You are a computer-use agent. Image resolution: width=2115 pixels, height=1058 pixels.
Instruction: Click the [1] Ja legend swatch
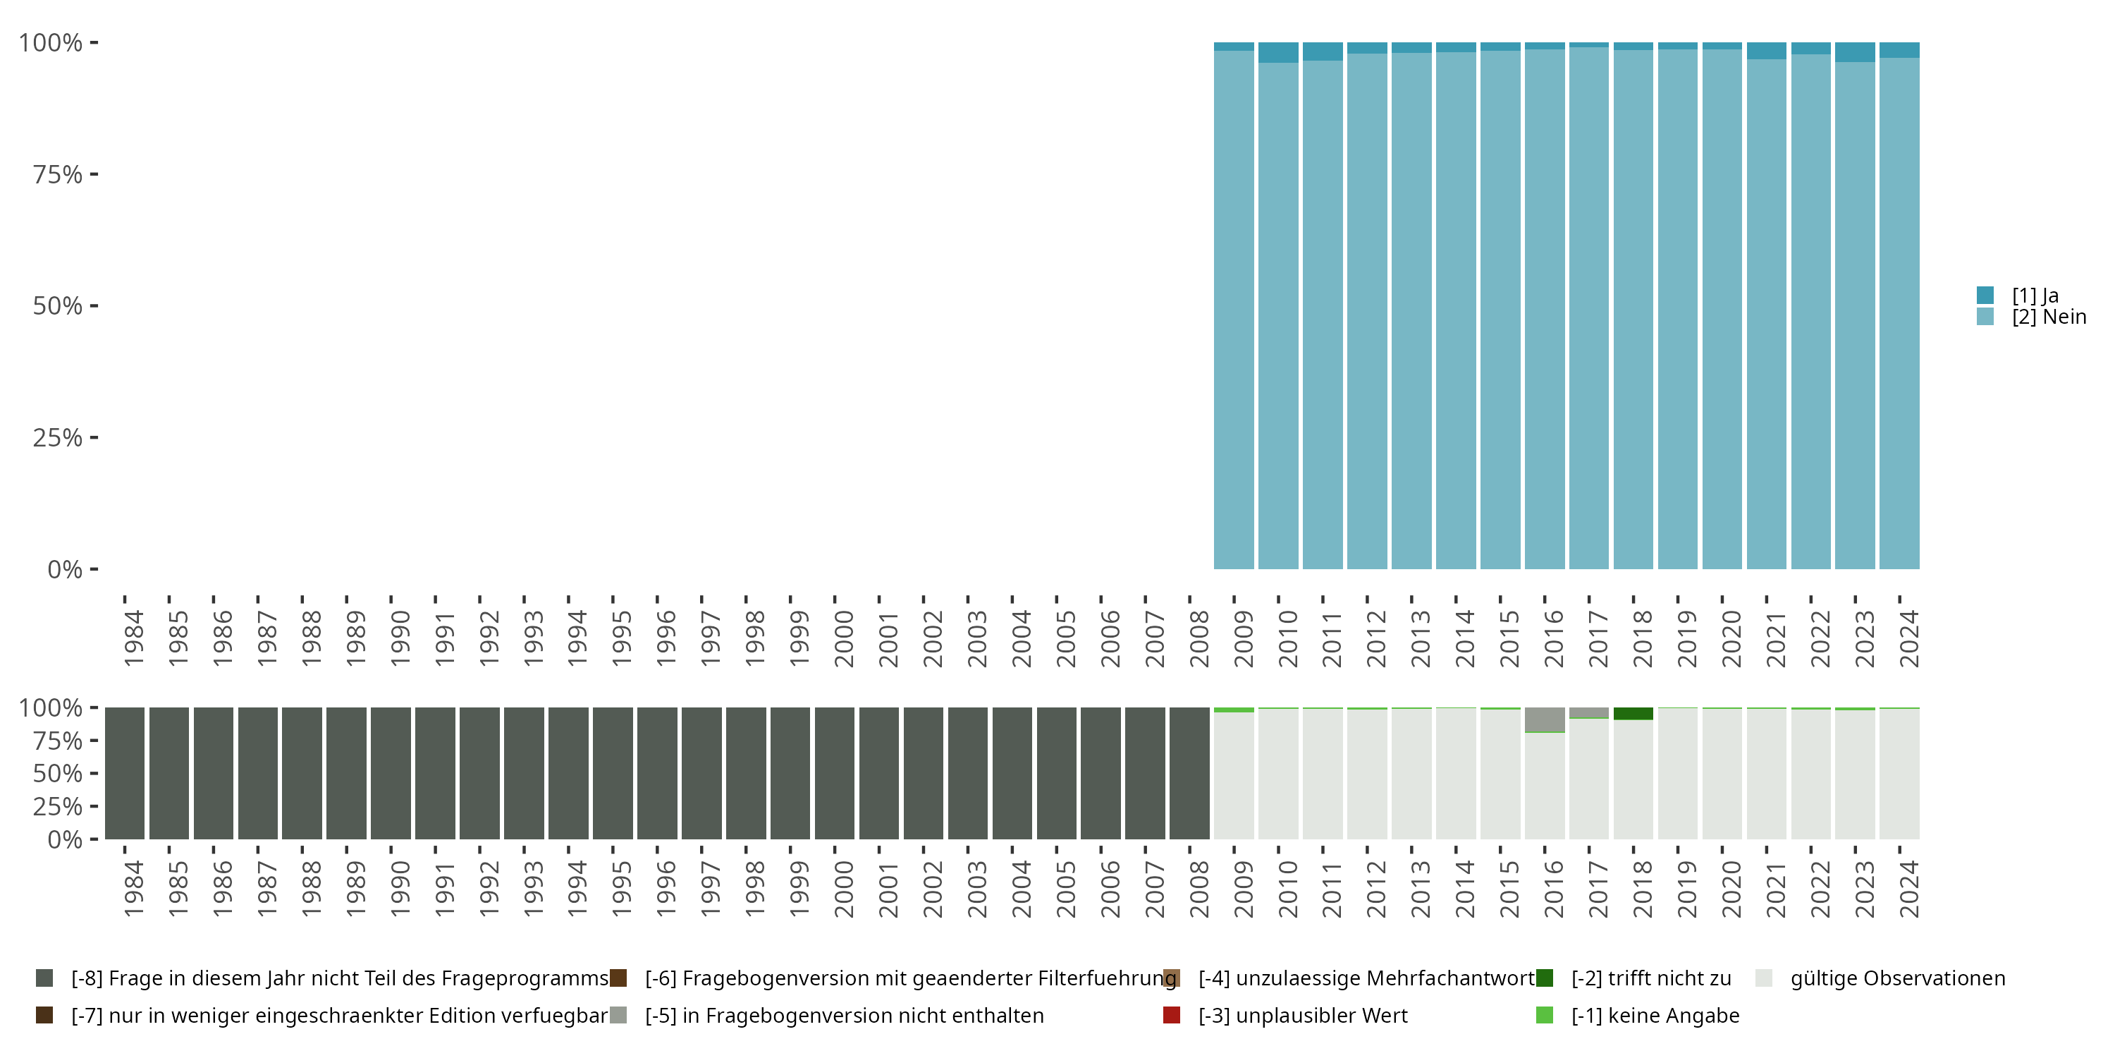point(1985,295)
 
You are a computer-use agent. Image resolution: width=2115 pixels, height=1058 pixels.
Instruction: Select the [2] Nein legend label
point(2049,317)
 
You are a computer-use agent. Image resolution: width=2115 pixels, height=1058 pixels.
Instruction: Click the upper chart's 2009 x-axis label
point(1243,638)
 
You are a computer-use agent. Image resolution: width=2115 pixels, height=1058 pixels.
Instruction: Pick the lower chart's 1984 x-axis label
point(134,889)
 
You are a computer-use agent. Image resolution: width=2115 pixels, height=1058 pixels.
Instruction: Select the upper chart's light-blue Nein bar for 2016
point(1545,312)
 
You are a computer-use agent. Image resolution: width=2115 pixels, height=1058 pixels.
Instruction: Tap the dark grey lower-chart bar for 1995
point(613,773)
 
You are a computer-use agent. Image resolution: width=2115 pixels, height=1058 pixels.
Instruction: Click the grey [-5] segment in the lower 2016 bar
point(1545,719)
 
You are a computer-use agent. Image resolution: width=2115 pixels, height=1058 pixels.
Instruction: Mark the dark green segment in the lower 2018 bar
point(1633,714)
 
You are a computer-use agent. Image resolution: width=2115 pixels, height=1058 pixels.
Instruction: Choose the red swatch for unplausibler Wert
point(1172,1015)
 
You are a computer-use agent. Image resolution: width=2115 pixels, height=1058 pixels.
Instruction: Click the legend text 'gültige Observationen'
point(1897,978)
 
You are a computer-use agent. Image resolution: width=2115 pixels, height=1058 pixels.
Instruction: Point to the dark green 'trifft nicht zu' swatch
point(1545,978)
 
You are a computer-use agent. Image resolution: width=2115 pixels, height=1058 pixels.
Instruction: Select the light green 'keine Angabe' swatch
point(1545,1015)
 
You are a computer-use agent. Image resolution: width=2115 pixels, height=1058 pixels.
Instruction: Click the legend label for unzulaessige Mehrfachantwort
point(1366,978)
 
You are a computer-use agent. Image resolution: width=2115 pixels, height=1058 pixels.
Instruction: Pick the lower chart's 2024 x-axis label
point(1909,889)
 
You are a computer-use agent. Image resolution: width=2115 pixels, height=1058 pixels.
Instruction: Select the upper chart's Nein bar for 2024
point(1899,312)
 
